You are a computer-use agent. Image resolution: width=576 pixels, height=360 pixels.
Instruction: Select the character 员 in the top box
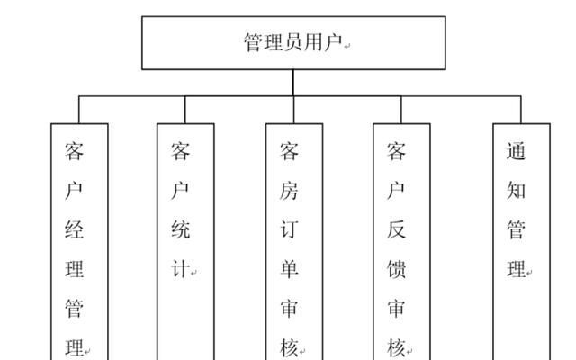(x=293, y=42)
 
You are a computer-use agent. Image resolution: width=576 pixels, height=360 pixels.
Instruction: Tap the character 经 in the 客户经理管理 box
(x=74, y=229)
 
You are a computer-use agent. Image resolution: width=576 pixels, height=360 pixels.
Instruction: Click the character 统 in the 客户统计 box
(x=180, y=229)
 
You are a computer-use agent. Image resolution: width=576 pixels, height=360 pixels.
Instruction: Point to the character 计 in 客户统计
(x=180, y=269)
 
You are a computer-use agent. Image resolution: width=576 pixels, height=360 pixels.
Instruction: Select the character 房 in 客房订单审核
(x=289, y=191)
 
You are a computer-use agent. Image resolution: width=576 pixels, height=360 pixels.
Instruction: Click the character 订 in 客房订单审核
(x=289, y=229)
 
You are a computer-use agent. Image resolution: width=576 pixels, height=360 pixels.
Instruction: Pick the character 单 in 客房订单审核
(x=289, y=269)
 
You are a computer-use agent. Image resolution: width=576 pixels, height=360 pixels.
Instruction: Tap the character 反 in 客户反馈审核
(x=396, y=229)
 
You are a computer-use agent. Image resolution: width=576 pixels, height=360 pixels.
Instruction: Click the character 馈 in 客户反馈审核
(x=396, y=269)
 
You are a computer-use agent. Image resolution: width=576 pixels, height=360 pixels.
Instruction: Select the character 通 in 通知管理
(x=516, y=151)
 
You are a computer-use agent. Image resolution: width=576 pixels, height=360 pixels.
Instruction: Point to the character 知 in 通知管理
(x=516, y=191)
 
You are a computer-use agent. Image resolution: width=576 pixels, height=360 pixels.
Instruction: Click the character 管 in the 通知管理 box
(x=516, y=229)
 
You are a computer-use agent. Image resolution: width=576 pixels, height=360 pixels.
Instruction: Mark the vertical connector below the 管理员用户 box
(x=293, y=83)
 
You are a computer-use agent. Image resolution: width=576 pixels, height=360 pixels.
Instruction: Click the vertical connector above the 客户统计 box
(x=185, y=110)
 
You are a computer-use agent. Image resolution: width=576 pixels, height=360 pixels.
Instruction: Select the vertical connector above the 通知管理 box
(x=521, y=110)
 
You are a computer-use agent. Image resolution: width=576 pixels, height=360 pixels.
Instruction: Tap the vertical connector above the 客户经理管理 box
(x=79, y=110)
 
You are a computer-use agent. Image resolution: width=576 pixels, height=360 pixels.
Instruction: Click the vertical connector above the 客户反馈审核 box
(x=401, y=110)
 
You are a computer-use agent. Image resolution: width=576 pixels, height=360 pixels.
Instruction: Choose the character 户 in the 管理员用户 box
(x=333, y=42)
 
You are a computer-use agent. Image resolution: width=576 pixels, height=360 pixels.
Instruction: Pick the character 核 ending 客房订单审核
(x=289, y=347)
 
